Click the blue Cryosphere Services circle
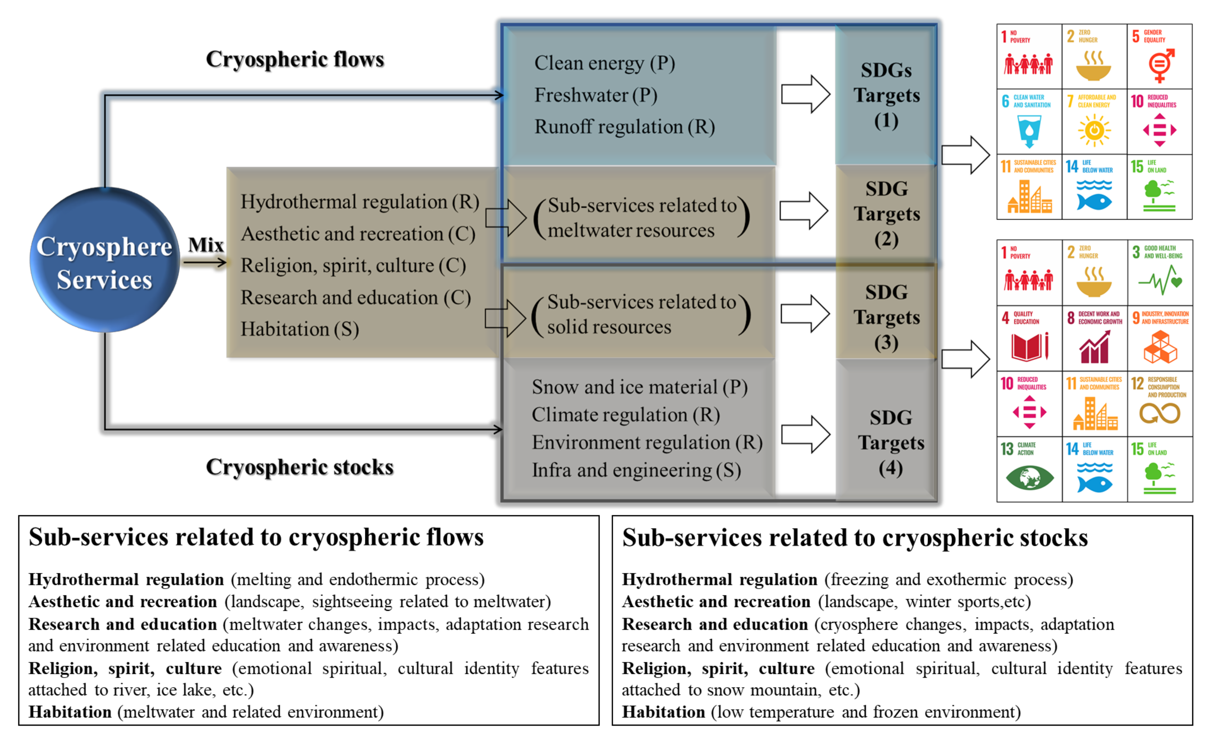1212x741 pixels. (104, 260)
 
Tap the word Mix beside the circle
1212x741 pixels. (205, 245)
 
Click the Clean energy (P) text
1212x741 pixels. (605, 63)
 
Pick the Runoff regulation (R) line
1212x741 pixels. (624, 127)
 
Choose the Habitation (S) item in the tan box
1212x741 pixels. (300, 329)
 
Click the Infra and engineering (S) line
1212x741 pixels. (636, 470)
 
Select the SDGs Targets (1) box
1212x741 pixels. (886, 95)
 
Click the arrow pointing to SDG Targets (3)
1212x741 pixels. (805, 313)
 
